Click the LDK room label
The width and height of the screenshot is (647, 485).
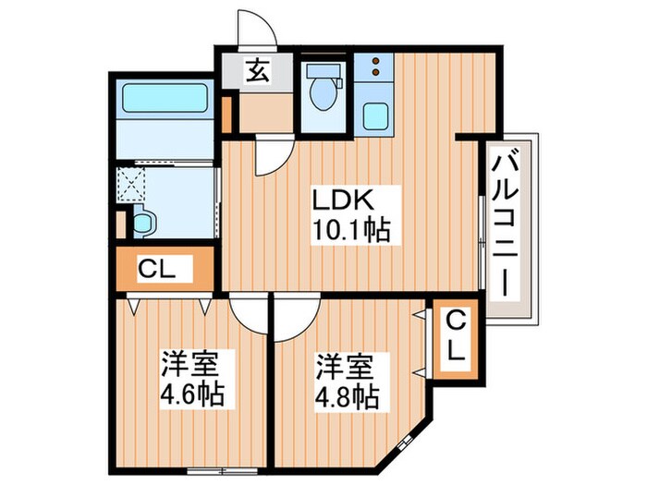click(x=343, y=200)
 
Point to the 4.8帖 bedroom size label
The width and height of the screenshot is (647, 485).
click(x=347, y=396)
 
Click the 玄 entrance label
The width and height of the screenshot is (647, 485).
click(x=258, y=70)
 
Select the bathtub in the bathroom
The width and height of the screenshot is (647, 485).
click(x=165, y=98)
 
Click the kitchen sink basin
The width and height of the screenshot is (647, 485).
click(x=375, y=116)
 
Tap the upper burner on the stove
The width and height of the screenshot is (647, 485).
click(x=375, y=61)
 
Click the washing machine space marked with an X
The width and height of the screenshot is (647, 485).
click(x=130, y=185)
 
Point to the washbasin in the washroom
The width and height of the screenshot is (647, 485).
click(x=144, y=223)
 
